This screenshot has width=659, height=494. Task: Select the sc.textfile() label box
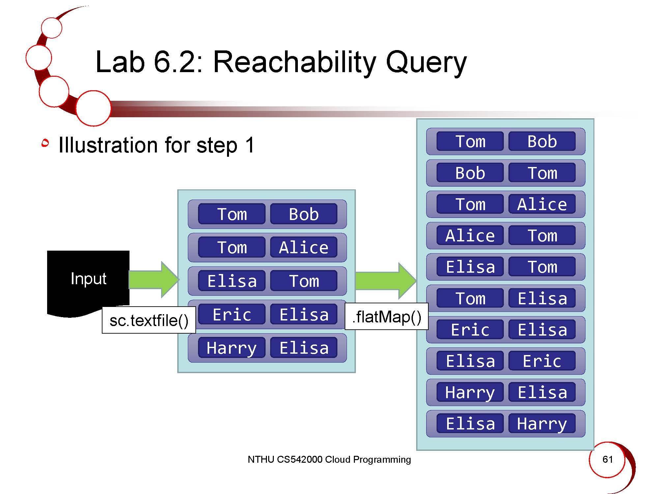point(149,320)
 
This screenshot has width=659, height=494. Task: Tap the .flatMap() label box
point(387,316)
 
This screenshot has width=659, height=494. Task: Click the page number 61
point(607,459)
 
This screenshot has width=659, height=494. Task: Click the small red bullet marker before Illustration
point(45,143)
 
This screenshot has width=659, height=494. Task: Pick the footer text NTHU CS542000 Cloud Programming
point(329,459)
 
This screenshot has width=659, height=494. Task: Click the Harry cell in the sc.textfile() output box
point(232,347)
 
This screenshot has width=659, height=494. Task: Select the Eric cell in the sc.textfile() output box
point(232,314)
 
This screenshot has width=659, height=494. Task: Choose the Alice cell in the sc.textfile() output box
point(303,247)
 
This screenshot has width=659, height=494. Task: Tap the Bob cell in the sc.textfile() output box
point(303,214)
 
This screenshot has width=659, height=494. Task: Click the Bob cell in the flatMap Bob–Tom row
point(470,173)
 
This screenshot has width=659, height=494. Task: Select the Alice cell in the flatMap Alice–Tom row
point(470,235)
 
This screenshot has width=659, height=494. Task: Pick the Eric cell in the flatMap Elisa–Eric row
point(542,361)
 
